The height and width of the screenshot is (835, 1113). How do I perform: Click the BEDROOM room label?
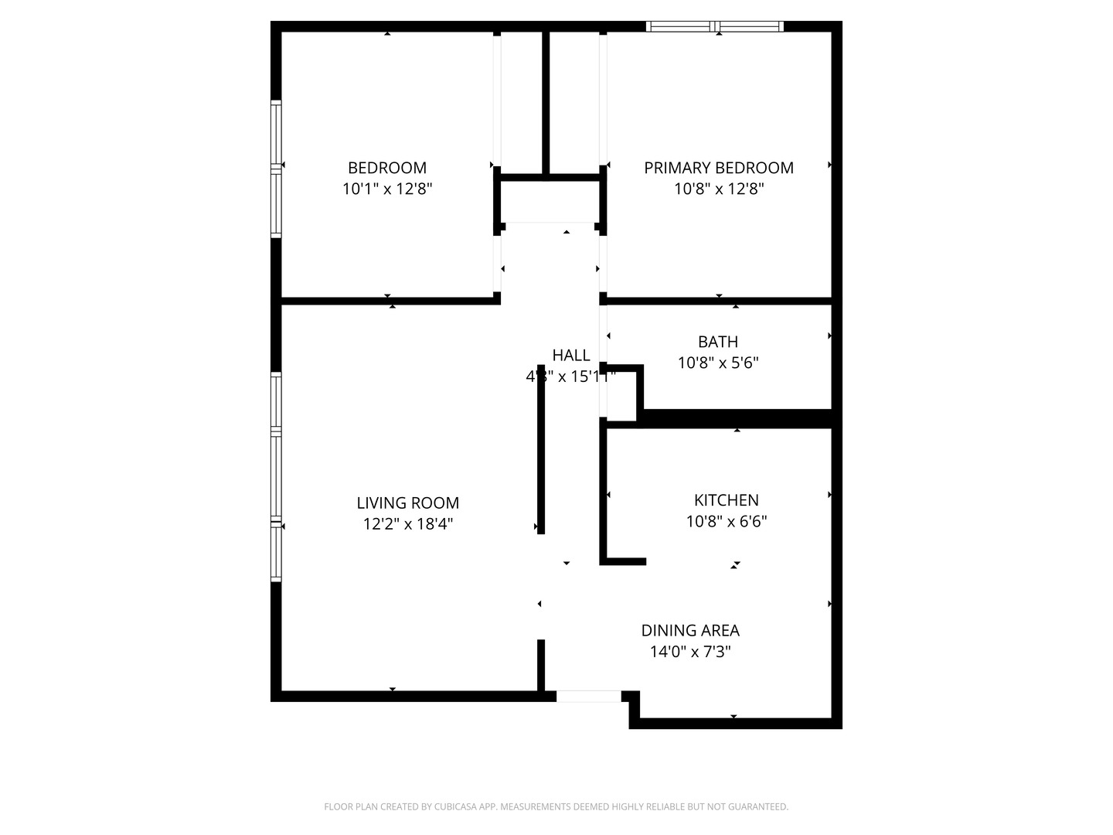click(x=386, y=168)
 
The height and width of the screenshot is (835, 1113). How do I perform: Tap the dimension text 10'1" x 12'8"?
click(x=386, y=189)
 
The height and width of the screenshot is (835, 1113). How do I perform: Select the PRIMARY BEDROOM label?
click(x=718, y=168)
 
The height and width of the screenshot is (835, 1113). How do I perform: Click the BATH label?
click(x=717, y=342)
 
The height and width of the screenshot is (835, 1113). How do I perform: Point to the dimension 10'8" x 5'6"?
click(x=717, y=363)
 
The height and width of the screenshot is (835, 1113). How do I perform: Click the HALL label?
click(x=570, y=356)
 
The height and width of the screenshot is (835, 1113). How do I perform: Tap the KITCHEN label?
click(x=726, y=500)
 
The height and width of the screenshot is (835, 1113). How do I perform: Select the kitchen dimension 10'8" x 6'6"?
click(x=726, y=521)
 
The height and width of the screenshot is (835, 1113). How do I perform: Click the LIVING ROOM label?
click(x=407, y=503)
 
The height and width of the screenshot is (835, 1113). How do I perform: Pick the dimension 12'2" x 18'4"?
click(x=407, y=524)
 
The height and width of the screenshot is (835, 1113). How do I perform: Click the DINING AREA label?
click(x=689, y=631)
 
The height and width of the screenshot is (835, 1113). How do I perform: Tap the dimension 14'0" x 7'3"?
click(x=689, y=652)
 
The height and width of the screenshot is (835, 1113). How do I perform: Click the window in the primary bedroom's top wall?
click(x=715, y=27)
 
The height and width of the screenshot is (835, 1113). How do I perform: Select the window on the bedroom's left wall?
click(x=276, y=168)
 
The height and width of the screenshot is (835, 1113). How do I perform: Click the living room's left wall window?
click(x=276, y=476)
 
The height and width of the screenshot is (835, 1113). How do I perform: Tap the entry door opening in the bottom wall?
click(x=588, y=697)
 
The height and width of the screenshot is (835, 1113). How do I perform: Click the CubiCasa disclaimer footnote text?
click(x=556, y=807)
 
